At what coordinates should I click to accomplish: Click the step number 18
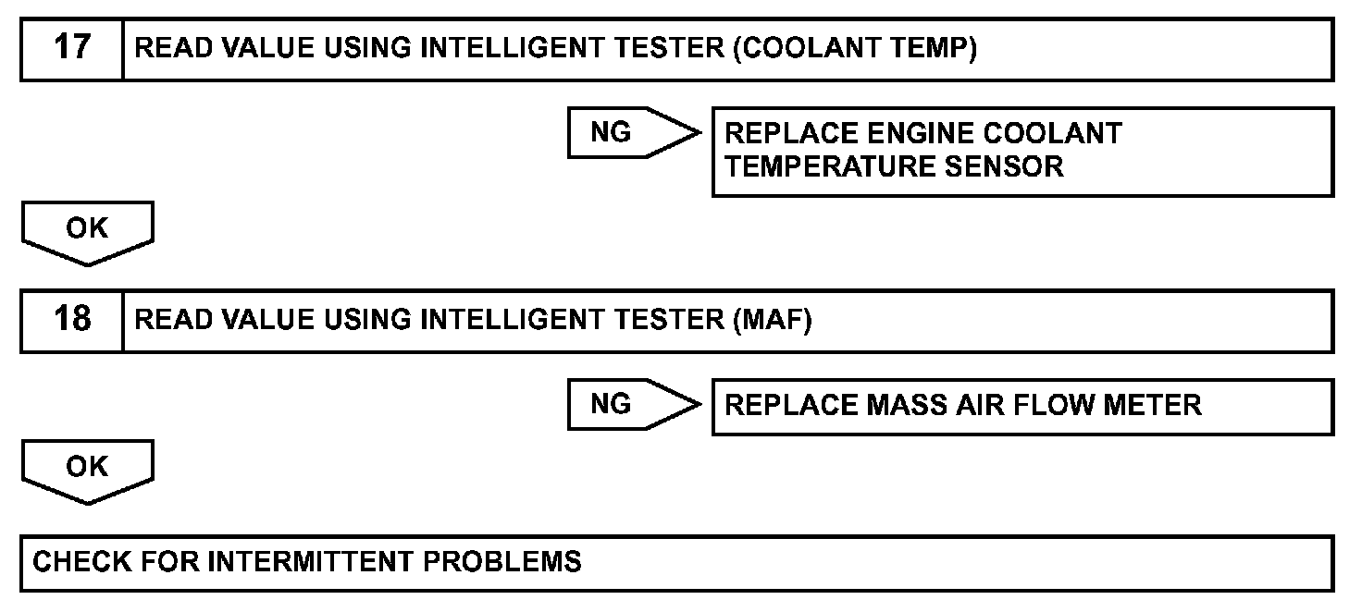pyautogui.click(x=72, y=320)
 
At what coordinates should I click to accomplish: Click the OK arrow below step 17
pyautogui.click(x=87, y=231)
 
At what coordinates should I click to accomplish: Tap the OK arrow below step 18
pyautogui.click(x=87, y=471)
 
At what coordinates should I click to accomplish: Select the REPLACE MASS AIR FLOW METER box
pyautogui.click(x=1022, y=406)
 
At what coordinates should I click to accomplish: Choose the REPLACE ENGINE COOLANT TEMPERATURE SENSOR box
pyautogui.click(x=1022, y=151)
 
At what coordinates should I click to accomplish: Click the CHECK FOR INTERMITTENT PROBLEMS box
pyautogui.click(x=676, y=562)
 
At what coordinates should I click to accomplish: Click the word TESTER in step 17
pyautogui.click(x=664, y=48)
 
